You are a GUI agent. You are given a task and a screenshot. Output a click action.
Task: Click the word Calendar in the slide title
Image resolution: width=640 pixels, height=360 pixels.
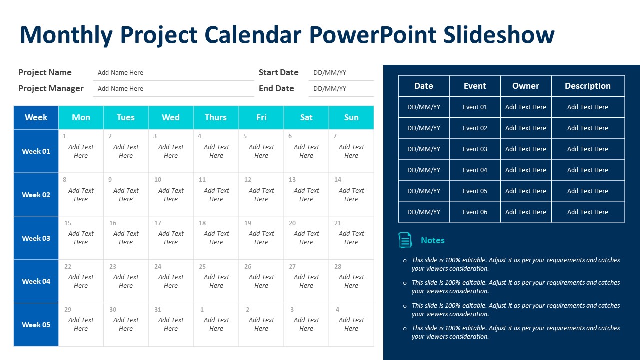tap(253, 35)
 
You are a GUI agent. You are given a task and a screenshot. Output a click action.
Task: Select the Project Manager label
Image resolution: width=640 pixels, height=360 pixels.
tap(51, 89)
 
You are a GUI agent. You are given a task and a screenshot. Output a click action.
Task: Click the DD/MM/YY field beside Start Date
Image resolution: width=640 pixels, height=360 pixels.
tap(330, 73)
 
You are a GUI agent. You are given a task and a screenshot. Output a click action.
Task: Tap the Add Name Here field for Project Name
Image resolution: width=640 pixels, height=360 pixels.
tap(120, 73)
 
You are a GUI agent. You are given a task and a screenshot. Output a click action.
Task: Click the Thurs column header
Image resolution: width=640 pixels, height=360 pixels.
tap(216, 117)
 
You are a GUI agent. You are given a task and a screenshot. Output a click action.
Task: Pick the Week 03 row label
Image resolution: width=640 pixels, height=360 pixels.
tap(36, 238)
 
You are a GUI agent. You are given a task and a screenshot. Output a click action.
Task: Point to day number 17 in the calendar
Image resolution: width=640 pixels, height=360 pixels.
tap(158, 223)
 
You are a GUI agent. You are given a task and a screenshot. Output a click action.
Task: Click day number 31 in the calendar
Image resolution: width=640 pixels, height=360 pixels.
tap(158, 309)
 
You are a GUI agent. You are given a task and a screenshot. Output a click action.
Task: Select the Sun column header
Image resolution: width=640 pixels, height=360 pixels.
tap(351, 117)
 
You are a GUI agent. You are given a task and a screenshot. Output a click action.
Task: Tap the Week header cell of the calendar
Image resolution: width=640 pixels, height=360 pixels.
tap(36, 117)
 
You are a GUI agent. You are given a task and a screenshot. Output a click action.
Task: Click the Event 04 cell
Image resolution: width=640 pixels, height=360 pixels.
tap(475, 170)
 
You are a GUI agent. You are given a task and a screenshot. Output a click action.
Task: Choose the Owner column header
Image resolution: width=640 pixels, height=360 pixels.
tap(526, 86)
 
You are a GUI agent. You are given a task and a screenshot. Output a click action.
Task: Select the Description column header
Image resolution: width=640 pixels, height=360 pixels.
tap(588, 86)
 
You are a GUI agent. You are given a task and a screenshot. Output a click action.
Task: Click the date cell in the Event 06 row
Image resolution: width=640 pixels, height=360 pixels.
tap(424, 212)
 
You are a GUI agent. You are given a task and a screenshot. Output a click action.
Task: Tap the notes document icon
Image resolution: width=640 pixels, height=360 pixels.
tap(405, 240)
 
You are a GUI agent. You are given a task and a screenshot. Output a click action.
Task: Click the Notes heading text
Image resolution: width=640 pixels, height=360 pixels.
tap(433, 240)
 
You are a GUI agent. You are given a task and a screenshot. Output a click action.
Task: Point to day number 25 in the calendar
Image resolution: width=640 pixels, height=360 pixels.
tap(202, 266)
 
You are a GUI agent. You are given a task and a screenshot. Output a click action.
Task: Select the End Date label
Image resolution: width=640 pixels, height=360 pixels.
tap(276, 89)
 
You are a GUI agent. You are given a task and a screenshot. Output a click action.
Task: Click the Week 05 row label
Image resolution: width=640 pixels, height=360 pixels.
tap(36, 325)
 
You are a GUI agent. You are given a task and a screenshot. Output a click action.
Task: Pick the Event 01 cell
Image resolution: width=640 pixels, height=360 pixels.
tap(475, 107)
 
